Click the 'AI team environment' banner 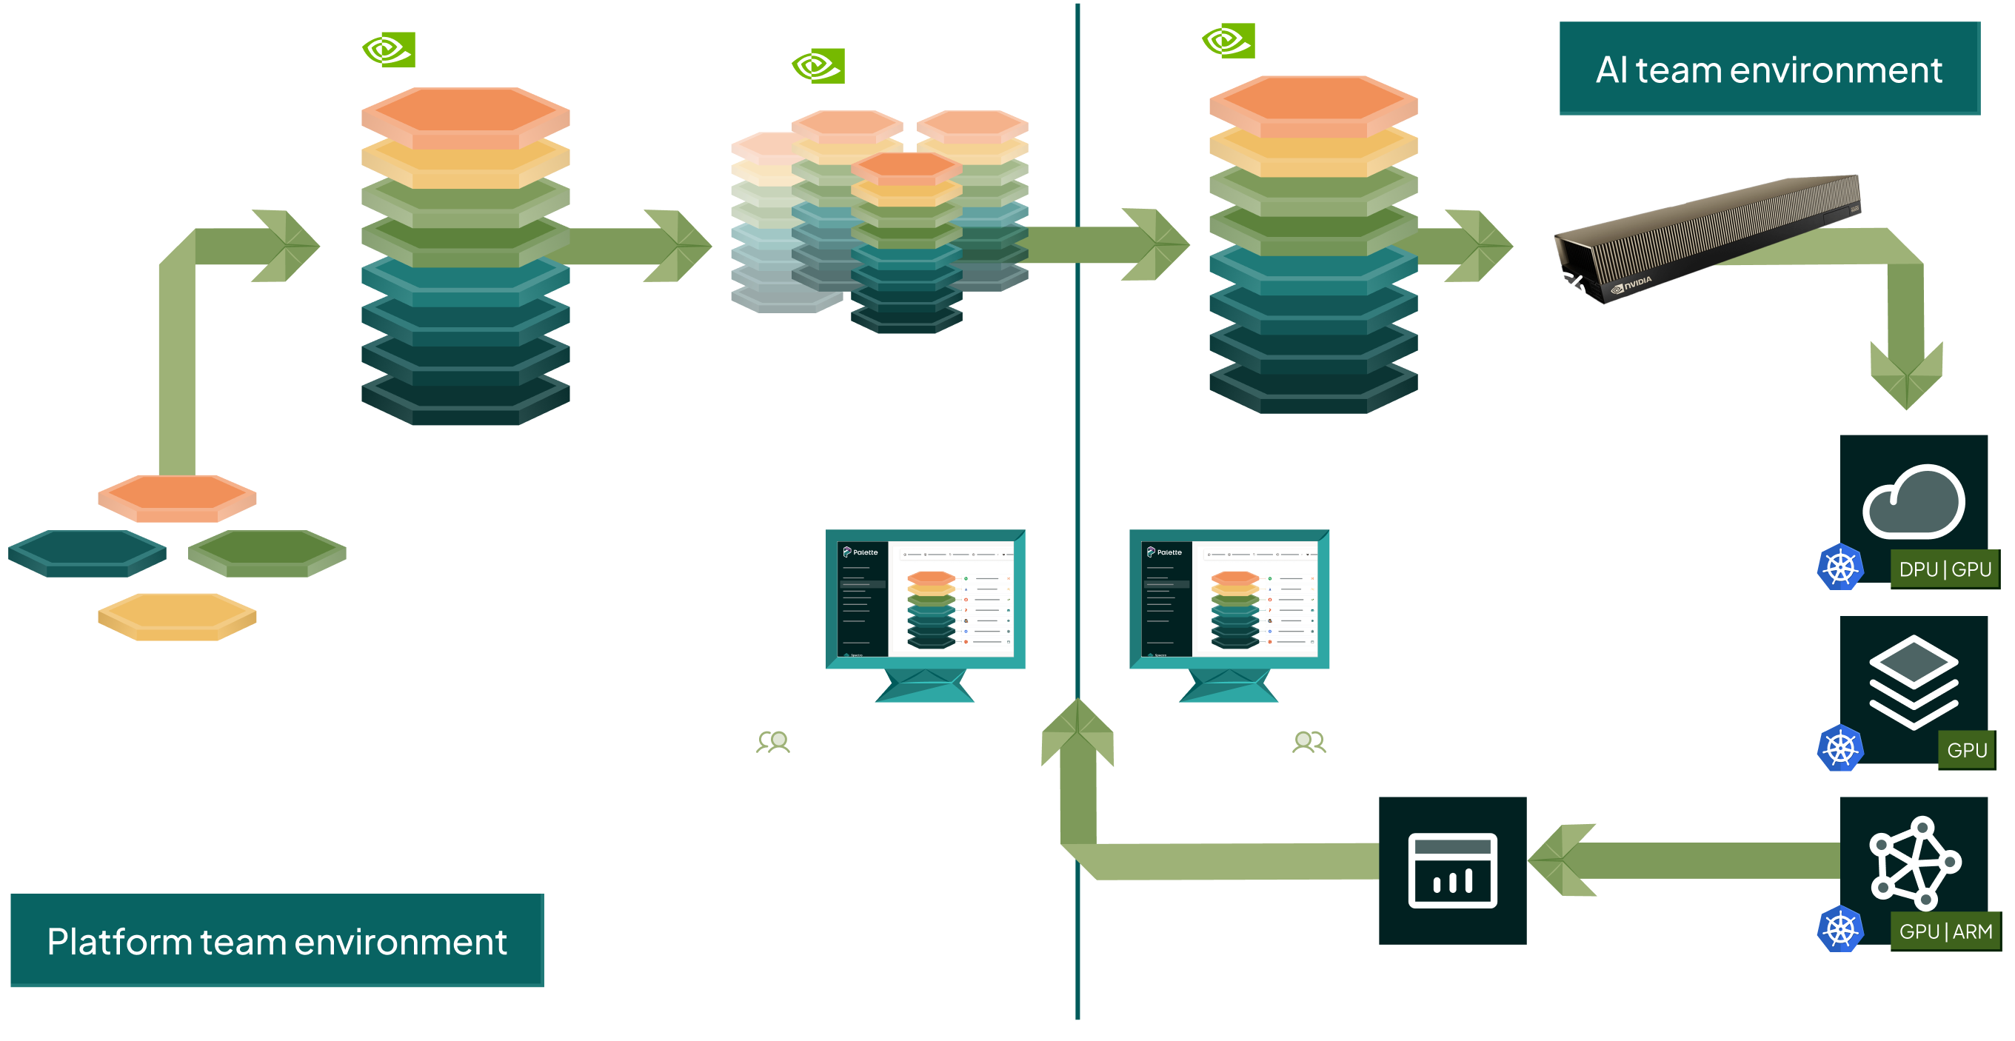pos(1768,70)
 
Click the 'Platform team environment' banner pos(277,941)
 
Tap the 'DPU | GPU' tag pos(1945,569)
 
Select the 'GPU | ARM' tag pos(1945,931)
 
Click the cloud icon pos(1914,502)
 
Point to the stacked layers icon pos(1914,682)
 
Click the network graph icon pos(1914,863)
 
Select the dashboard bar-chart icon pos(1453,871)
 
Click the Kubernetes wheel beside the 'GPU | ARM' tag pos(1840,929)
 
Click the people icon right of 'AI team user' pos(1309,742)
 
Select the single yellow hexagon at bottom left pos(178,616)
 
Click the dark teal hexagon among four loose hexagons pos(87,552)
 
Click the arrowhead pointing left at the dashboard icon pos(1560,860)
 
